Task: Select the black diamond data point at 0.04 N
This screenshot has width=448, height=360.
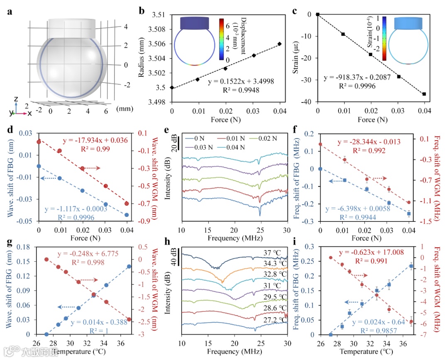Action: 280,44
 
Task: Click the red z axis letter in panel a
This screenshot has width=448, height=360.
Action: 15,99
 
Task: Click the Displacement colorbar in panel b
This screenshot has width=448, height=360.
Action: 222,40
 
